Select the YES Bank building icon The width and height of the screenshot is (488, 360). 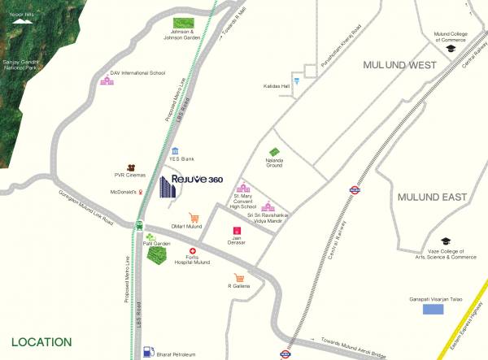176,150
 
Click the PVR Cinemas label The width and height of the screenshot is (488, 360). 129,175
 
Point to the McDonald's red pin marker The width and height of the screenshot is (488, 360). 140,192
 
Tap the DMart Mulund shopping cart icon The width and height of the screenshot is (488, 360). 194,218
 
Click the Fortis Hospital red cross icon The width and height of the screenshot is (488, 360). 193,251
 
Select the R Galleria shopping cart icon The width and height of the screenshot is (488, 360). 239,278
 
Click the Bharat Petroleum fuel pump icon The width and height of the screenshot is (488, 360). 147,351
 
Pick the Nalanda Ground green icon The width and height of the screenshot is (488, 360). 275,151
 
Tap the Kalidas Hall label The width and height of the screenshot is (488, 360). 277,85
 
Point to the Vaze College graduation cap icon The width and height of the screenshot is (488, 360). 446,241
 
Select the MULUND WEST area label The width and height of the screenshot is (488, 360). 401,63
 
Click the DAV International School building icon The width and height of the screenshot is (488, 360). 107,80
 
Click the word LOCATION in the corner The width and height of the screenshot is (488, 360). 41,342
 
